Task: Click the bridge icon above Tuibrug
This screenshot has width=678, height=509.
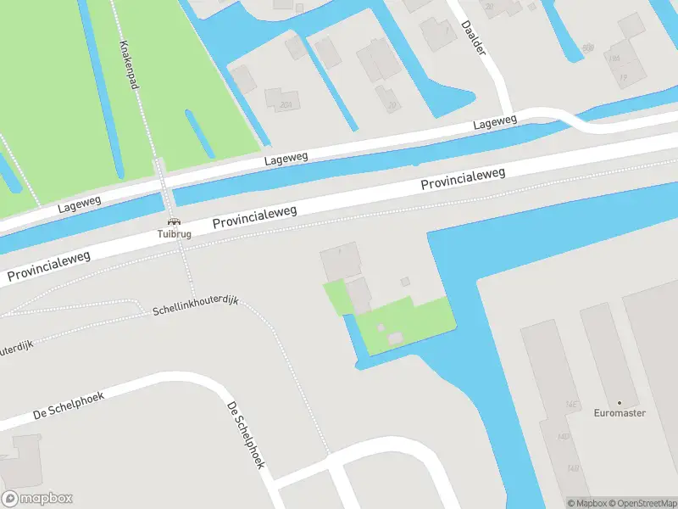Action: pos(173,221)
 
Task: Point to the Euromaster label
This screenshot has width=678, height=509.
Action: pos(620,413)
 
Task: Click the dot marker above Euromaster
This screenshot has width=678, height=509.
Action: pos(620,402)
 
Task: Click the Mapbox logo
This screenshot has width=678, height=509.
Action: pos(37,499)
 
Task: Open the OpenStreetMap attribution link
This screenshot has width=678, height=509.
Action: pos(647,503)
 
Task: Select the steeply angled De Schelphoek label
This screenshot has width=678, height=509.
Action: pos(247,434)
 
